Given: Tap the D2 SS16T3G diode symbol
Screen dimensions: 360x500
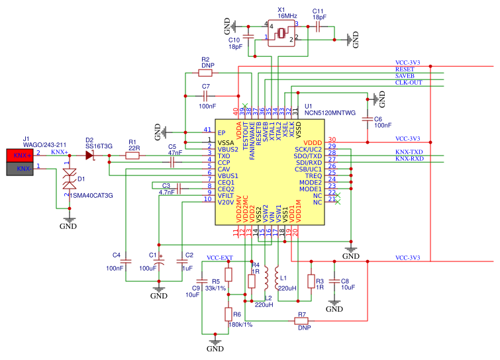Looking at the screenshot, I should pos(90,155).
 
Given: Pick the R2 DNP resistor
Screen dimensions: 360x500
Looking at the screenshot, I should pos(207,73).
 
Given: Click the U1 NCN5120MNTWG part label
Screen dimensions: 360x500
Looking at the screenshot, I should pos(330,113).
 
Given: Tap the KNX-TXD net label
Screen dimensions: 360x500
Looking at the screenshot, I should pos(409,152).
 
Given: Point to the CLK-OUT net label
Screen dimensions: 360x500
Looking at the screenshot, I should pos(409,83).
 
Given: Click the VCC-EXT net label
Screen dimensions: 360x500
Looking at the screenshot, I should pos(220,257).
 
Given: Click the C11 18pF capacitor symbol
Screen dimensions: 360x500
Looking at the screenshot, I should pos(319,28).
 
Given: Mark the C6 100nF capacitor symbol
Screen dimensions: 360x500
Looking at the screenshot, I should pos(366,118).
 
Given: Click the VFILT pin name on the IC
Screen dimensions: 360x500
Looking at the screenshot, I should pos(226,196).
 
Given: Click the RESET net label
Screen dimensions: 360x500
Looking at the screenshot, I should pos(404,69).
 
